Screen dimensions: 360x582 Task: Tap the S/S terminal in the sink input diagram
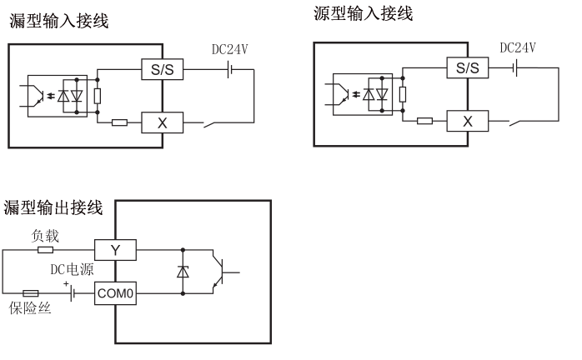click(x=163, y=68)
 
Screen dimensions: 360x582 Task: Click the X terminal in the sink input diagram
click(x=163, y=122)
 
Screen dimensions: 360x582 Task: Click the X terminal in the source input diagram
click(x=467, y=121)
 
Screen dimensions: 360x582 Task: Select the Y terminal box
click(x=114, y=248)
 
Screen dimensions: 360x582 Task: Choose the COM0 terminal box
click(x=115, y=293)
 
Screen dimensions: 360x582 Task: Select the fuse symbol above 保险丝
click(x=30, y=293)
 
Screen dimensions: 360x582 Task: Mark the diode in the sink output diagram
click(x=183, y=271)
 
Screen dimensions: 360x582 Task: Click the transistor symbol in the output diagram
click(x=222, y=271)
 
